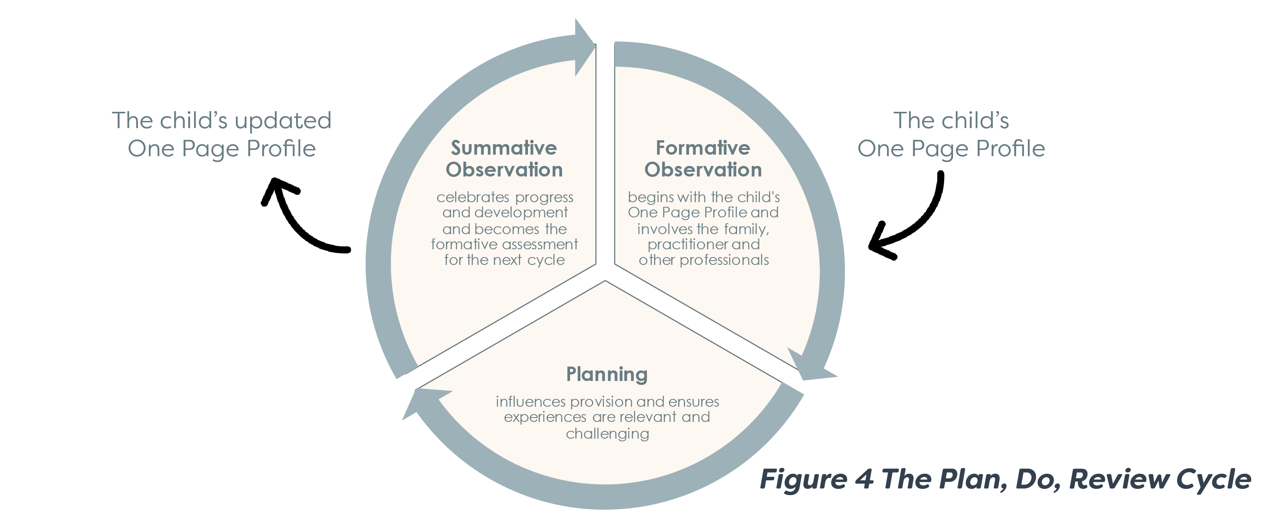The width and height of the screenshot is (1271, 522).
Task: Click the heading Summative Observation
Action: (504, 159)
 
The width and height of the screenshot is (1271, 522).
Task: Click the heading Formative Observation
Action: (703, 159)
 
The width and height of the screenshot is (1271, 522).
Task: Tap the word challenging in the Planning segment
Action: (607, 434)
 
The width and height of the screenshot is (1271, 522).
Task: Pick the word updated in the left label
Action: (283, 121)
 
